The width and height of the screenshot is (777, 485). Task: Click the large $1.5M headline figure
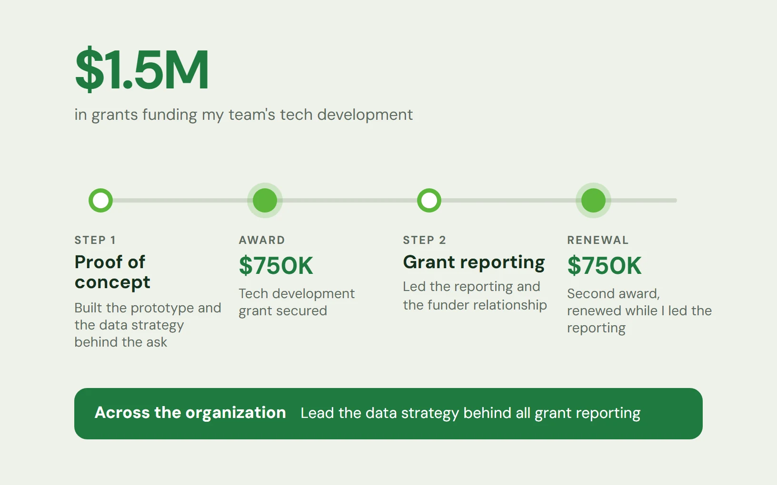(142, 69)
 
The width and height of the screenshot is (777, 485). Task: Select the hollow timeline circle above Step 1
(100, 200)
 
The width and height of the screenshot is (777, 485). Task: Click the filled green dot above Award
(265, 200)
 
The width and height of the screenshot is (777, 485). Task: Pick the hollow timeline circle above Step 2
(429, 200)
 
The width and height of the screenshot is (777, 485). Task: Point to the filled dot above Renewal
(593, 200)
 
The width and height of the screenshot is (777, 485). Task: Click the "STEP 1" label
(95, 240)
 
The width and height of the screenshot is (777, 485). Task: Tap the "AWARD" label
(262, 240)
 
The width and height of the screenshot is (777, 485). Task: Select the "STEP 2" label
(424, 240)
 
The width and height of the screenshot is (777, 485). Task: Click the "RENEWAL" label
(598, 240)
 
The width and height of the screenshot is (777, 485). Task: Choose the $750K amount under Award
(276, 266)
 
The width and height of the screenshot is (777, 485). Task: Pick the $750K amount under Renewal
(604, 266)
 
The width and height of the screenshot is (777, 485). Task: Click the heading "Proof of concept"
(112, 272)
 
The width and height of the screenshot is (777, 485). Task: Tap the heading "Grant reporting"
(474, 262)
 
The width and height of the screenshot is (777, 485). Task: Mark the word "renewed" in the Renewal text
(595, 311)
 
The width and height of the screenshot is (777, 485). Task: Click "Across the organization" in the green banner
(190, 413)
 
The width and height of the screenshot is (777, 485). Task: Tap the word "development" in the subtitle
(365, 115)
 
